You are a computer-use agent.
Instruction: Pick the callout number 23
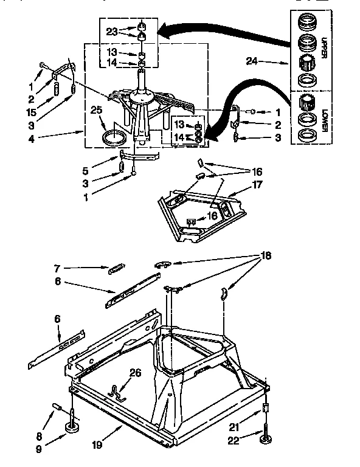click(112, 31)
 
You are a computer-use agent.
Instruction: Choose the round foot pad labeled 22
click(266, 439)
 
